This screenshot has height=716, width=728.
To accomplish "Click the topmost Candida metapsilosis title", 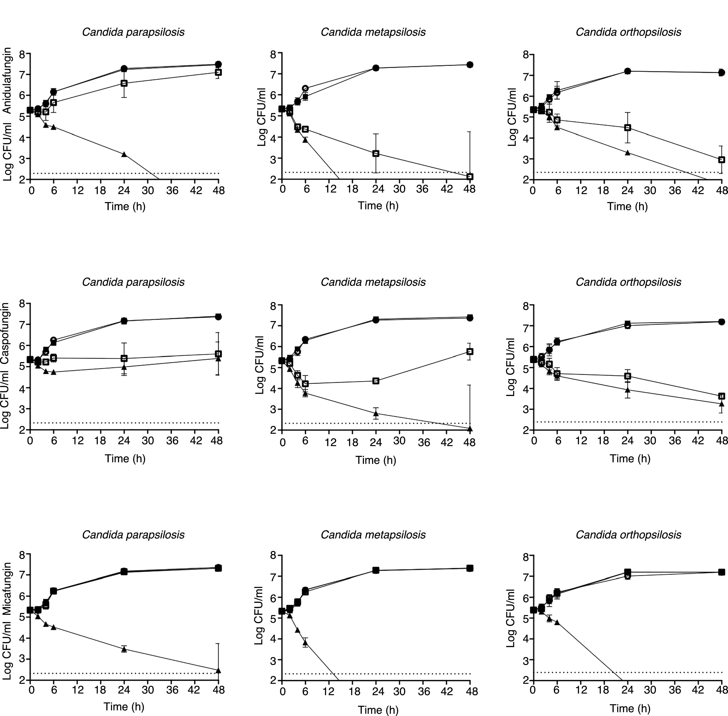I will click(x=373, y=32).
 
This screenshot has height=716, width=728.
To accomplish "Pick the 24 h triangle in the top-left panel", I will click(x=124, y=154).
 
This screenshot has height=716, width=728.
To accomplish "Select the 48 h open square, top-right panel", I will click(x=721, y=159).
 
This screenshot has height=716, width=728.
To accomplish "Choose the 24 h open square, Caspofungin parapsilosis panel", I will click(x=124, y=358).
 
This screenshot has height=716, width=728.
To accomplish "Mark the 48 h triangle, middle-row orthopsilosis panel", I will click(x=721, y=404).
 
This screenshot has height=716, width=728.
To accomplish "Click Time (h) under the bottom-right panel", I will click(x=630, y=708).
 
